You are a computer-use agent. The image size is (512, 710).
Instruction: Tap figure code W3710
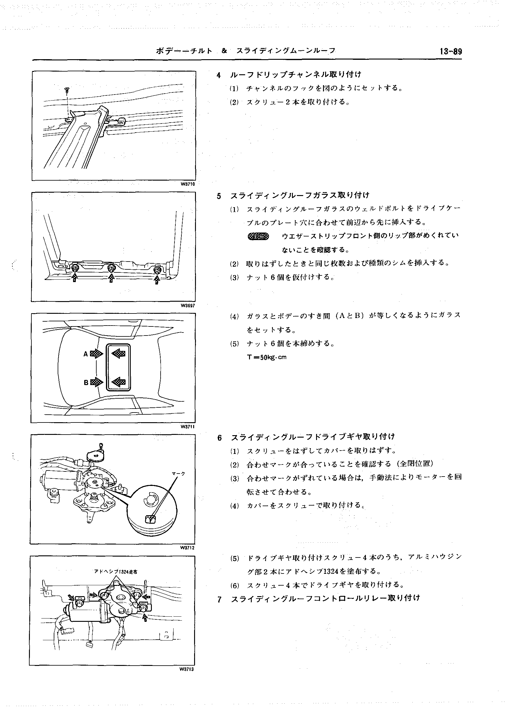point(187,184)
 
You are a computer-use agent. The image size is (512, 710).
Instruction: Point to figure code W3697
point(187,306)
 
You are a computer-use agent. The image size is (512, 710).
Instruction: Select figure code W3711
point(187,427)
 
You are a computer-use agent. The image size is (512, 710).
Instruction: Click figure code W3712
point(187,548)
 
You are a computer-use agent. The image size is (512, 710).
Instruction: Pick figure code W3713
point(187,669)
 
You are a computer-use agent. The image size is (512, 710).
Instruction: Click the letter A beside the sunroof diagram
point(85,354)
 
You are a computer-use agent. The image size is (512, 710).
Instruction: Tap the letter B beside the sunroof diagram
point(86,382)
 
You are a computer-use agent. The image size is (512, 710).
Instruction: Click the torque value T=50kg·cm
point(267,357)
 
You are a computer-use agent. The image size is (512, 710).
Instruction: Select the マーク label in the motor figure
point(179,474)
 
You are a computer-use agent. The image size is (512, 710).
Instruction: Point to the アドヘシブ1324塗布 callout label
point(116,572)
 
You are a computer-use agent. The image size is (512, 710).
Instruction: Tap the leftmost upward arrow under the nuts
point(75,277)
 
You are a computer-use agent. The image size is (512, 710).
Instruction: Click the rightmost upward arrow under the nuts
point(157,280)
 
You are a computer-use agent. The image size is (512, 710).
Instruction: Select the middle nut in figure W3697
point(111,268)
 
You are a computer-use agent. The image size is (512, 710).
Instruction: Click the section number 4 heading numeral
point(219,75)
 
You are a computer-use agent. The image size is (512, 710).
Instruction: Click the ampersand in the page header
point(224,51)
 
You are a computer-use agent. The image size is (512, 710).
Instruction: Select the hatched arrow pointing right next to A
point(96,354)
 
